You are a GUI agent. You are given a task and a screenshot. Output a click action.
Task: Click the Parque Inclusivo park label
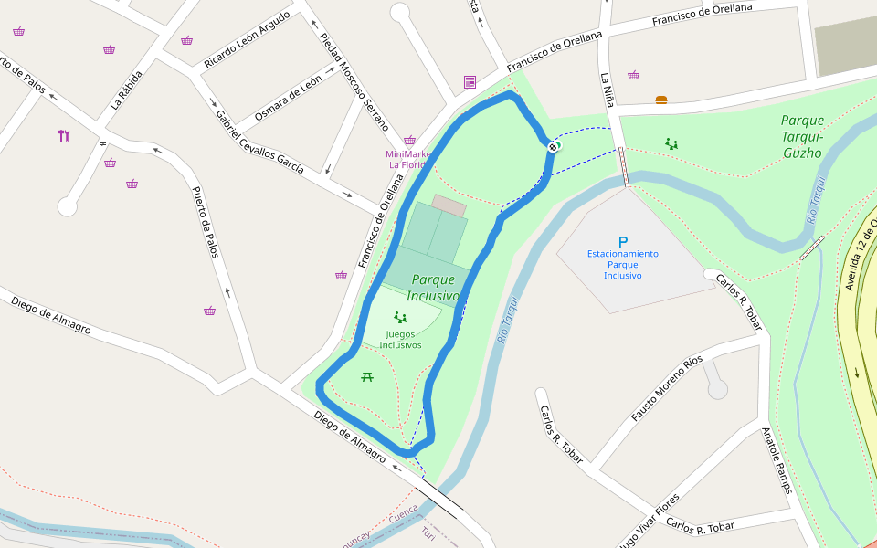tap(433, 288)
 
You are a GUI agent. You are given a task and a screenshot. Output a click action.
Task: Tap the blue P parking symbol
tap(623, 242)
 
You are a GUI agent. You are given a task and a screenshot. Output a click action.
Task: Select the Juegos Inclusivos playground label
tap(400, 340)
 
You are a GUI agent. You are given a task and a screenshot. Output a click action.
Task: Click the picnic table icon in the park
tap(367, 376)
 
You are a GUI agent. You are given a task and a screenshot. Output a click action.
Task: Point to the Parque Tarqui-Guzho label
tap(802, 136)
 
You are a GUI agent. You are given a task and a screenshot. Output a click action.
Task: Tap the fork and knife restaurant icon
tap(63, 136)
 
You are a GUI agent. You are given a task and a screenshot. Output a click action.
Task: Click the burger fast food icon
tap(661, 100)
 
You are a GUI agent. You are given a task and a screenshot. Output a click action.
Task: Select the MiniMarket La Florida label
tap(408, 160)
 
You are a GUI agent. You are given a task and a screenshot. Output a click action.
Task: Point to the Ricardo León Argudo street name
tap(247, 40)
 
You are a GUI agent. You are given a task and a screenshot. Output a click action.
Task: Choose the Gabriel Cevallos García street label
tap(259, 142)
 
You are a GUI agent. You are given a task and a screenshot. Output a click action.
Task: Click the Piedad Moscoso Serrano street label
tap(354, 82)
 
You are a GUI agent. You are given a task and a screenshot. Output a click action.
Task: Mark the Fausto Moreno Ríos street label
tap(667, 388)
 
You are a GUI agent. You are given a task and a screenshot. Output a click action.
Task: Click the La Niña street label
tap(606, 91)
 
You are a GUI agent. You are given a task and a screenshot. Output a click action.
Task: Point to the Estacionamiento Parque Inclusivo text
tap(623, 264)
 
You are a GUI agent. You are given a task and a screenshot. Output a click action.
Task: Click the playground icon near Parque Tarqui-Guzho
tap(671, 143)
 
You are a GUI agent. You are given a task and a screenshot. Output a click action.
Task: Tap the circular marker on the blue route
tap(554, 146)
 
